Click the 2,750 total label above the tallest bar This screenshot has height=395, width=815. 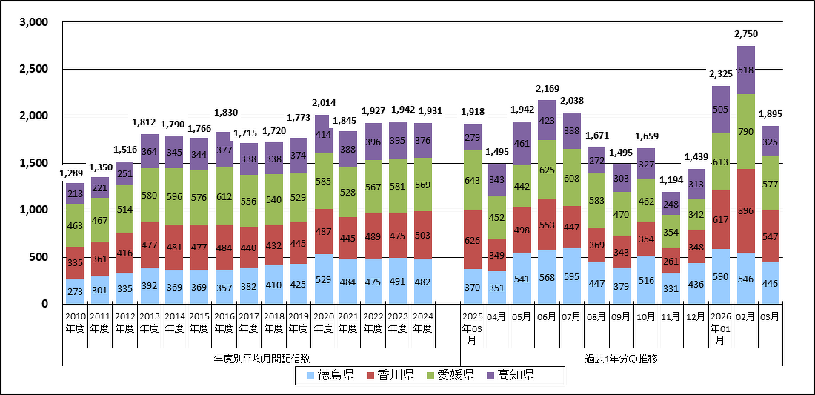pyautogui.click(x=745, y=34)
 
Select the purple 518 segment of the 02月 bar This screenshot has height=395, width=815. pyautogui.click(x=745, y=70)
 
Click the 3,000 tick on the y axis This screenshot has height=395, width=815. pyautogui.click(x=33, y=23)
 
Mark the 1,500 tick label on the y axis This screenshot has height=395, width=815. pyautogui.click(x=33, y=163)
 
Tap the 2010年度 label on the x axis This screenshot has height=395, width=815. pyautogui.click(x=74, y=323)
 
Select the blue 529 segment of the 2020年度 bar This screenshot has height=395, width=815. pyautogui.click(x=323, y=279)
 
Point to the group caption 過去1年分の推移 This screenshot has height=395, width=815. pyautogui.click(x=622, y=359)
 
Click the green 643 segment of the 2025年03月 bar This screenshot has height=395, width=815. pyautogui.click(x=473, y=180)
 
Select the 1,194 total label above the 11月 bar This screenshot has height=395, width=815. pyautogui.click(x=671, y=181)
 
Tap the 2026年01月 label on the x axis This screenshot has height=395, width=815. pyautogui.click(x=721, y=328)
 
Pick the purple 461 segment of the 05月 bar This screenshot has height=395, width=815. pyautogui.click(x=522, y=144)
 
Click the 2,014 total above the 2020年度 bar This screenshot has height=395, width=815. pyautogui.click(x=323, y=103)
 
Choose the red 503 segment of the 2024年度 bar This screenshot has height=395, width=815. pyautogui.click(x=422, y=235)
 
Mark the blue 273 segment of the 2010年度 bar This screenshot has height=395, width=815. pyautogui.click(x=74, y=291)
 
